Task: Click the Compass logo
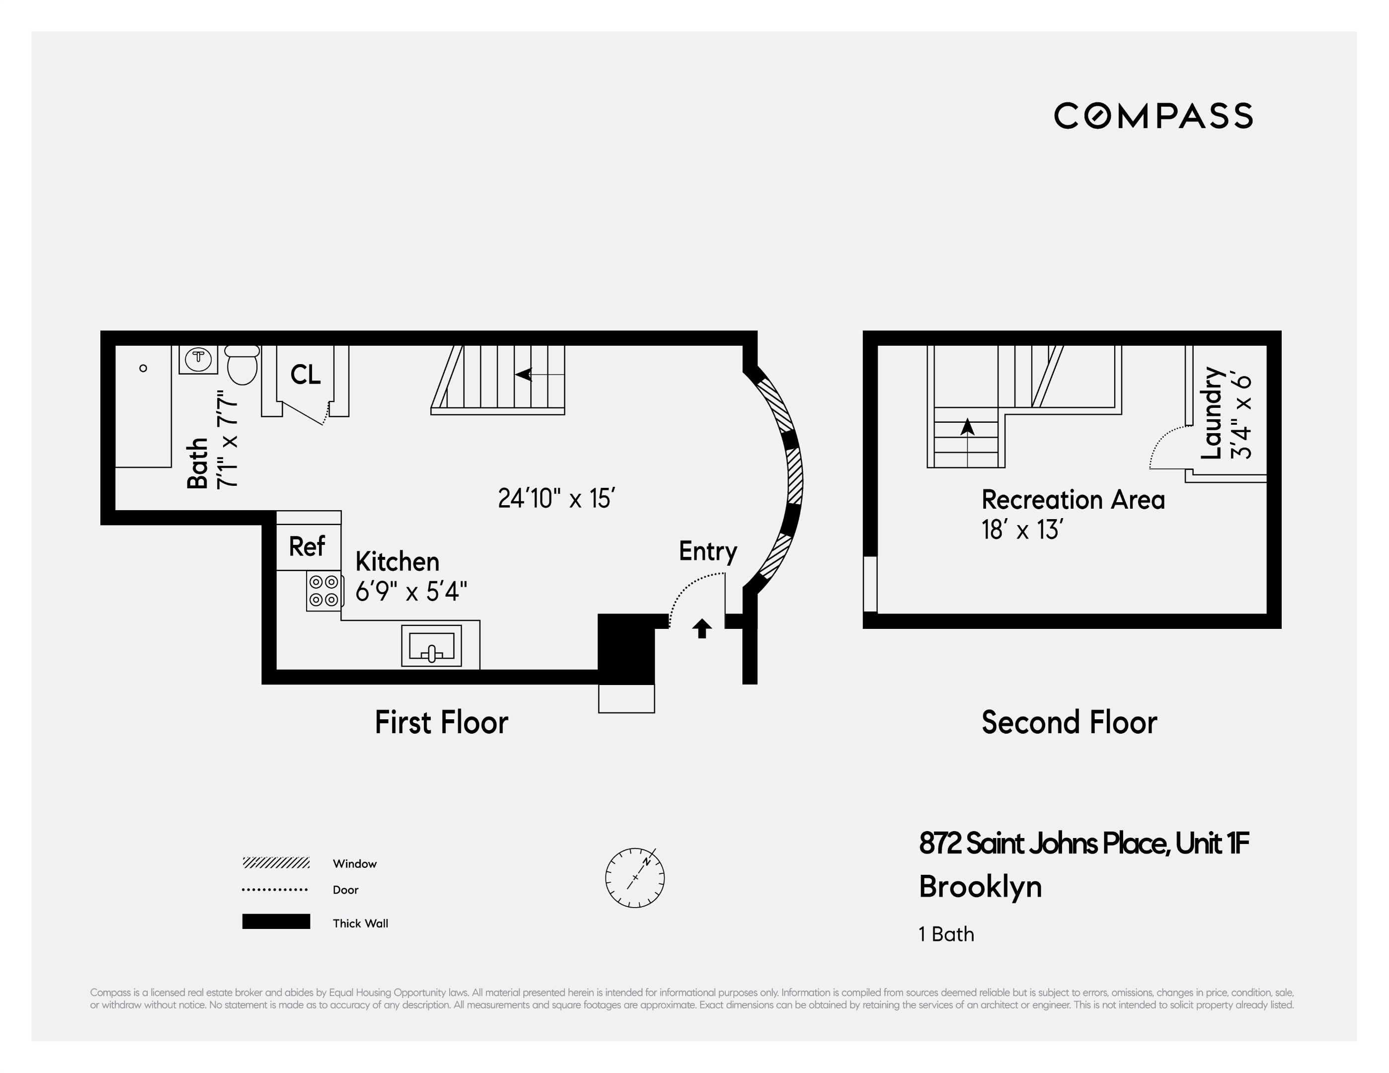[x=1153, y=116]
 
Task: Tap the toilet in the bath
[x=241, y=366]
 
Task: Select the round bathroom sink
[x=198, y=359]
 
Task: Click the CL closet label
[x=306, y=375]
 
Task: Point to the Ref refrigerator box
[x=308, y=546]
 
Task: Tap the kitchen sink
[x=431, y=646]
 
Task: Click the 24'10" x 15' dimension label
[x=556, y=499]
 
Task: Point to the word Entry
[x=707, y=551]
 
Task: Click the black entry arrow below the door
[x=701, y=628]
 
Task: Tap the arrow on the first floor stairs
[x=525, y=375]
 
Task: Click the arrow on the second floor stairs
[x=967, y=427]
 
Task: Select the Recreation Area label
[x=1073, y=500]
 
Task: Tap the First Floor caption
[x=441, y=723]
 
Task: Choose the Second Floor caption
[x=1069, y=723]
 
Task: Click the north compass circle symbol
[x=635, y=878]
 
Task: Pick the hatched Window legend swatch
[x=276, y=863]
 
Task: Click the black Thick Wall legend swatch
[x=276, y=921]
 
